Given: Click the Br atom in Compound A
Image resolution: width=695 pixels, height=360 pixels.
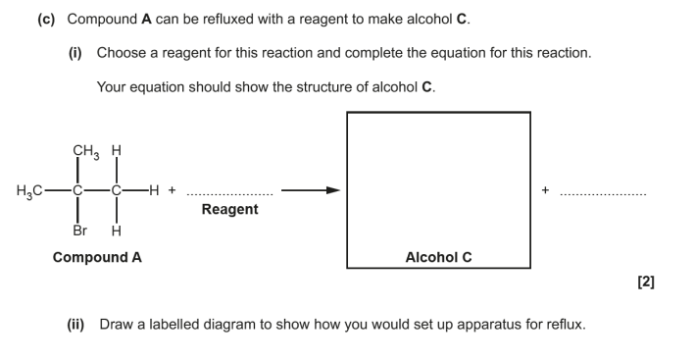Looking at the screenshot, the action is [x=79, y=231].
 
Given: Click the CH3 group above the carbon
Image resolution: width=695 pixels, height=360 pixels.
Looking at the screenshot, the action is [x=86, y=152].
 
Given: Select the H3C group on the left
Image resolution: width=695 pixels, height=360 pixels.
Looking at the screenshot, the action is [x=29, y=191].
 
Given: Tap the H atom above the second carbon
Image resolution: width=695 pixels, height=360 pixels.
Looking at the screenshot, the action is [x=116, y=151].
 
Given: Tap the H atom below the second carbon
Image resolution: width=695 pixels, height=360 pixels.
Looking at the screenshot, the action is [x=116, y=231].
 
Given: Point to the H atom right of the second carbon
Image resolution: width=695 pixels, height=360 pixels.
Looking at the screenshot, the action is [x=154, y=190].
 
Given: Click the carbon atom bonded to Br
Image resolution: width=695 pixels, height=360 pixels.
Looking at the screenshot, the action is [x=77, y=190].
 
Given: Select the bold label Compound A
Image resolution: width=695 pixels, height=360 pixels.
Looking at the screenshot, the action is [x=97, y=257].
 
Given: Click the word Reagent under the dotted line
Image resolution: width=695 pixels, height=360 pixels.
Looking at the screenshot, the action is [x=229, y=209].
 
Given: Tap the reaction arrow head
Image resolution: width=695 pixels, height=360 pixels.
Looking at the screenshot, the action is [x=333, y=190].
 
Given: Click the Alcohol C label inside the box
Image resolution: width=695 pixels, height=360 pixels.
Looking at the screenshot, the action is [x=438, y=257].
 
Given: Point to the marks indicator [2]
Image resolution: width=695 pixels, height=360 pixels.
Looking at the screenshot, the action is [x=646, y=282].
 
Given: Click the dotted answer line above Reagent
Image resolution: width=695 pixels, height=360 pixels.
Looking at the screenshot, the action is [x=230, y=194].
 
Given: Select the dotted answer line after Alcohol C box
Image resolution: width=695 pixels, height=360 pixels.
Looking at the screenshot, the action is [x=603, y=194].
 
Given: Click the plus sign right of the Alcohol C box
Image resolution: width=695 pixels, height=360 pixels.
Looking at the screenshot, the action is [x=545, y=190].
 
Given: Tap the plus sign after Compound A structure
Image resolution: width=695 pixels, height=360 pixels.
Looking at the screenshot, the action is [x=172, y=190].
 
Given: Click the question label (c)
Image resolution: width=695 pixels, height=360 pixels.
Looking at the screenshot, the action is [x=46, y=20].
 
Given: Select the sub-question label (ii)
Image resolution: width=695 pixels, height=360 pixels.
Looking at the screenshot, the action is [x=75, y=325].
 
